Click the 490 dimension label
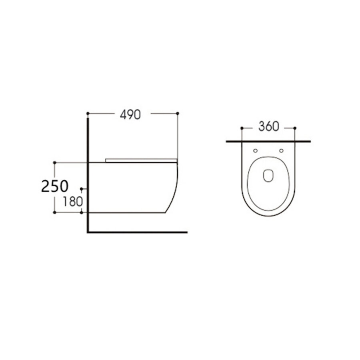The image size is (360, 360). [130, 114]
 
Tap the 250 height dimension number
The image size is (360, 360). [55, 186]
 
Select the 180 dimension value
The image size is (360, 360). [72, 201]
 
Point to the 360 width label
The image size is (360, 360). [268, 127]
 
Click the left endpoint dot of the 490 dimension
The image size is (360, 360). [88, 114]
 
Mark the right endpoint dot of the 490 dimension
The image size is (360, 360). [178, 114]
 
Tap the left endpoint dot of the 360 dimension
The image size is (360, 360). [242, 128]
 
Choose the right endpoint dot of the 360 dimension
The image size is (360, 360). [295, 128]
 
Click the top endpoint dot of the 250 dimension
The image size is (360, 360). [54, 162]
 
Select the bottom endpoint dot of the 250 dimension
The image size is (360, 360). [54, 213]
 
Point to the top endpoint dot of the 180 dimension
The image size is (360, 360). [82, 188]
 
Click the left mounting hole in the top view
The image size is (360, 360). [255, 151]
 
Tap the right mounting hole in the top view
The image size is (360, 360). [281, 151]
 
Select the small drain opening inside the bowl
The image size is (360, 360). [268, 176]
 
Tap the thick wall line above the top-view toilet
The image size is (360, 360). [268, 141]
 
